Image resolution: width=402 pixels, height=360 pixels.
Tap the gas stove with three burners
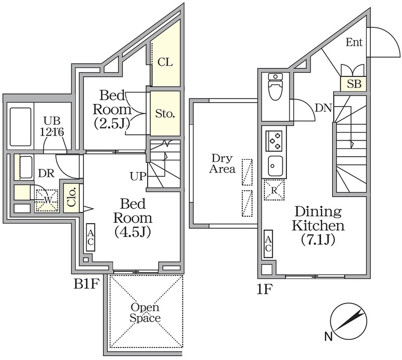pos(274,141)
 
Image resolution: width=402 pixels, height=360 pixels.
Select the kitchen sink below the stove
pos(275,166)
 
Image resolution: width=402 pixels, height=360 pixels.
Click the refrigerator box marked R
pos(274,190)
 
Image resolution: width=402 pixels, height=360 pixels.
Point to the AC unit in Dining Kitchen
pos(268,244)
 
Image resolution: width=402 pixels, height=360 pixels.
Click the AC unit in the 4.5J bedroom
pos(90,237)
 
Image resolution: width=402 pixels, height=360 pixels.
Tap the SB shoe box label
pos(354,84)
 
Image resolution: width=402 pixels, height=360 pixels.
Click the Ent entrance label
pos(354,42)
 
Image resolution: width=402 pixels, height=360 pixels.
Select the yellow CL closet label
pos(165,62)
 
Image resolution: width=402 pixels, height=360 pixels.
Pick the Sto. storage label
pos(165,114)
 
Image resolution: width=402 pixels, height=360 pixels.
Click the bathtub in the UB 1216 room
pos(21,127)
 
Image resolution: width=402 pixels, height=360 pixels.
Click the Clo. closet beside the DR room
pos(71,197)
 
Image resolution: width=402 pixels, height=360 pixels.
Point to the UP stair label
pos(138,176)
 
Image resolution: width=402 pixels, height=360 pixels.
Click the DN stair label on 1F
pos(323,108)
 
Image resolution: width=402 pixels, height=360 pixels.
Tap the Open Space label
pos(145,313)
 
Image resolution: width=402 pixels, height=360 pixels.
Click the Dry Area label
pos(222,163)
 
